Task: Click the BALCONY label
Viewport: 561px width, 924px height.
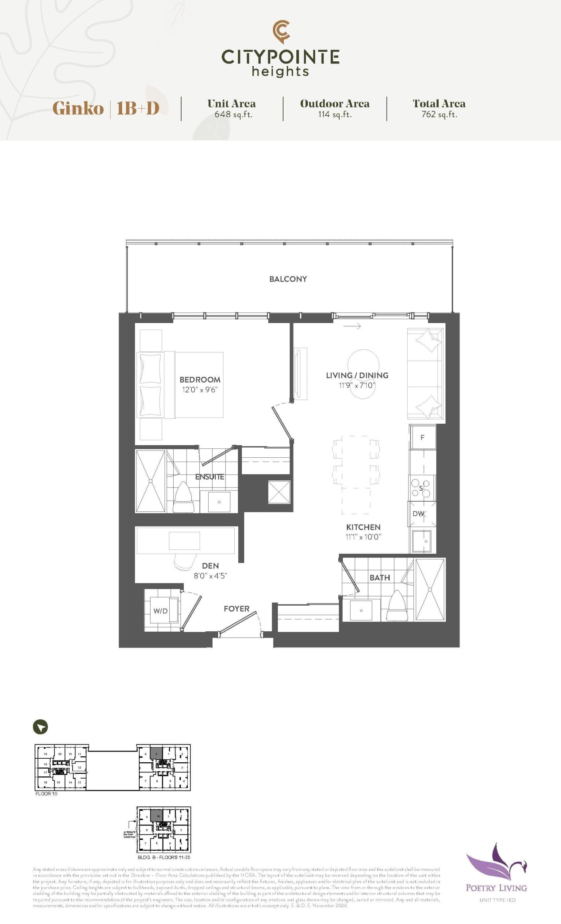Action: (288, 279)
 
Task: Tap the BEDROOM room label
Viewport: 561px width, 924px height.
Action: (200, 379)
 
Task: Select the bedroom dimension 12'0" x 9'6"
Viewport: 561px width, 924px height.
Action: (200, 389)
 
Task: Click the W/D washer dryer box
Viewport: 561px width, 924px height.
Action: (161, 611)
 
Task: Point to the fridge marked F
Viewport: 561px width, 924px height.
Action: (423, 437)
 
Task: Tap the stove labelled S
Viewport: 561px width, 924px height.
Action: (421, 488)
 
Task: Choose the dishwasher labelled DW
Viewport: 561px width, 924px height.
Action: (418, 514)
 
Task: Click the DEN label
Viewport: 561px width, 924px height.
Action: (210, 566)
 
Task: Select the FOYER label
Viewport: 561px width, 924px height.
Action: (236, 609)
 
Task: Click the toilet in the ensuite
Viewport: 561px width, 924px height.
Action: (183, 498)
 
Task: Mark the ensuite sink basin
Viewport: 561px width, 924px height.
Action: (219, 502)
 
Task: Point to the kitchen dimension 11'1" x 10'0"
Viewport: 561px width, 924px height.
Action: (363, 537)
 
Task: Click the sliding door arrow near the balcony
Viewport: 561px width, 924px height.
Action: (352, 326)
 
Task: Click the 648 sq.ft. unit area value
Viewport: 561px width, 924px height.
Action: (233, 114)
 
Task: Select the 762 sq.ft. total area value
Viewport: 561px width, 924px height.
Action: (439, 114)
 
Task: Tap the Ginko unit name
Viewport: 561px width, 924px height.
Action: (78, 108)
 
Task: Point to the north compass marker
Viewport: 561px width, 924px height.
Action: (40, 727)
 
